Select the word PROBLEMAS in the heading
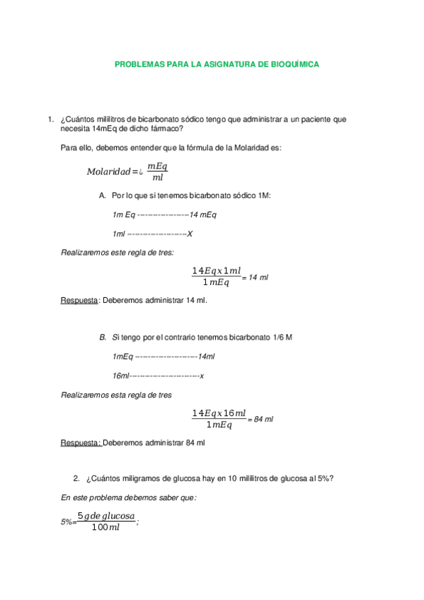(x=139, y=64)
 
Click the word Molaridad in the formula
(x=108, y=171)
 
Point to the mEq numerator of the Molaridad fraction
(x=157, y=166)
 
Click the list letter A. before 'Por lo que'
(x=103, y=195)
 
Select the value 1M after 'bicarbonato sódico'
(x=265, y=195)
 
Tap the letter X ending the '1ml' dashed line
(x=190, y=233)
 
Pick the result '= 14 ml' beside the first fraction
(x=256, y=278)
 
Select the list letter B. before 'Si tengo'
(x=103, y=337)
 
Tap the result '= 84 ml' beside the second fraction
(x=260, y=420)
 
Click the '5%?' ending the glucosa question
(x=326, y=478)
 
